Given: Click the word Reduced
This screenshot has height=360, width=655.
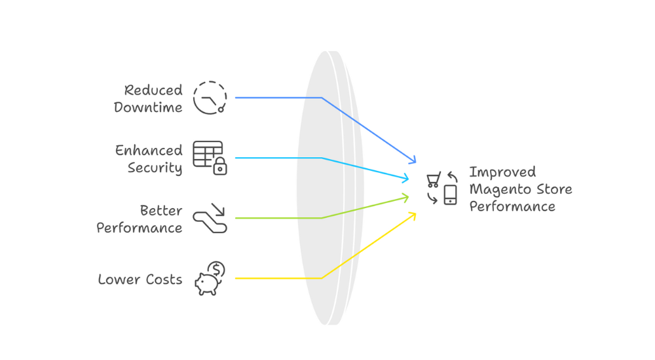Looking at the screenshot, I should point(153,90).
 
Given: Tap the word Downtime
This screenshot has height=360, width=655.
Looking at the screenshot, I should point(148,107).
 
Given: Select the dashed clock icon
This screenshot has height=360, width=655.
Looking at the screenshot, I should point(210,98).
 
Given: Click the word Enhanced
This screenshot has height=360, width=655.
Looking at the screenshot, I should point(149,151).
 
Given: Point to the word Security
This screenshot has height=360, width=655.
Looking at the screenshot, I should point(155,168).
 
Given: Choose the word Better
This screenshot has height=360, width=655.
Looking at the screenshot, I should point(161,211).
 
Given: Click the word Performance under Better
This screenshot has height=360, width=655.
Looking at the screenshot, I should point(140,228).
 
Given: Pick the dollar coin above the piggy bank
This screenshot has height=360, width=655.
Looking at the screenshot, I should point(217,269).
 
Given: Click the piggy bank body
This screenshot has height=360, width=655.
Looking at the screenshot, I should point(206,283).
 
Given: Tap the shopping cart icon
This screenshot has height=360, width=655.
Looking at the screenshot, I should point(433,179).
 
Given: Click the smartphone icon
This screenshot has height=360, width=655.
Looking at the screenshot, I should point(450,194).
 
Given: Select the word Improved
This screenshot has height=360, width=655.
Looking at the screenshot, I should point(502,172).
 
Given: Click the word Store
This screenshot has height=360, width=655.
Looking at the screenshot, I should point(554,190).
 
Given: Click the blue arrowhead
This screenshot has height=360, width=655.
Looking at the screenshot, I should point(412,160).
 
